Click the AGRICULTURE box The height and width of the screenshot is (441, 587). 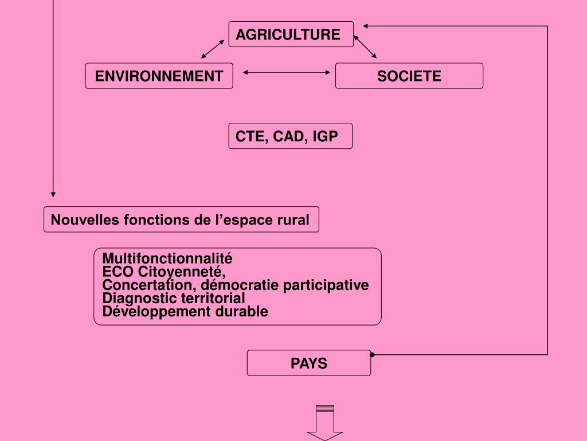(291, 34)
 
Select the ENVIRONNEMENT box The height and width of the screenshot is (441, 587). (159, 76)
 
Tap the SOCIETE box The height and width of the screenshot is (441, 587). (409, 76)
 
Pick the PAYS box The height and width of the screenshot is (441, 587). (308, 363)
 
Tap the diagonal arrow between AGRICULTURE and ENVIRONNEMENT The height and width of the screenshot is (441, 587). (212, 49)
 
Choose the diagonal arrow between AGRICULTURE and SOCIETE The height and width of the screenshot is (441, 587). (365, 47)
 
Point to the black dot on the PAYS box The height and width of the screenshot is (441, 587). (372, 355)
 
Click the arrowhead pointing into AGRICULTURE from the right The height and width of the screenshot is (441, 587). (366, 26)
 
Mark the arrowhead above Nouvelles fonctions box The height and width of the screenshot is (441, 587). (53, 195)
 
